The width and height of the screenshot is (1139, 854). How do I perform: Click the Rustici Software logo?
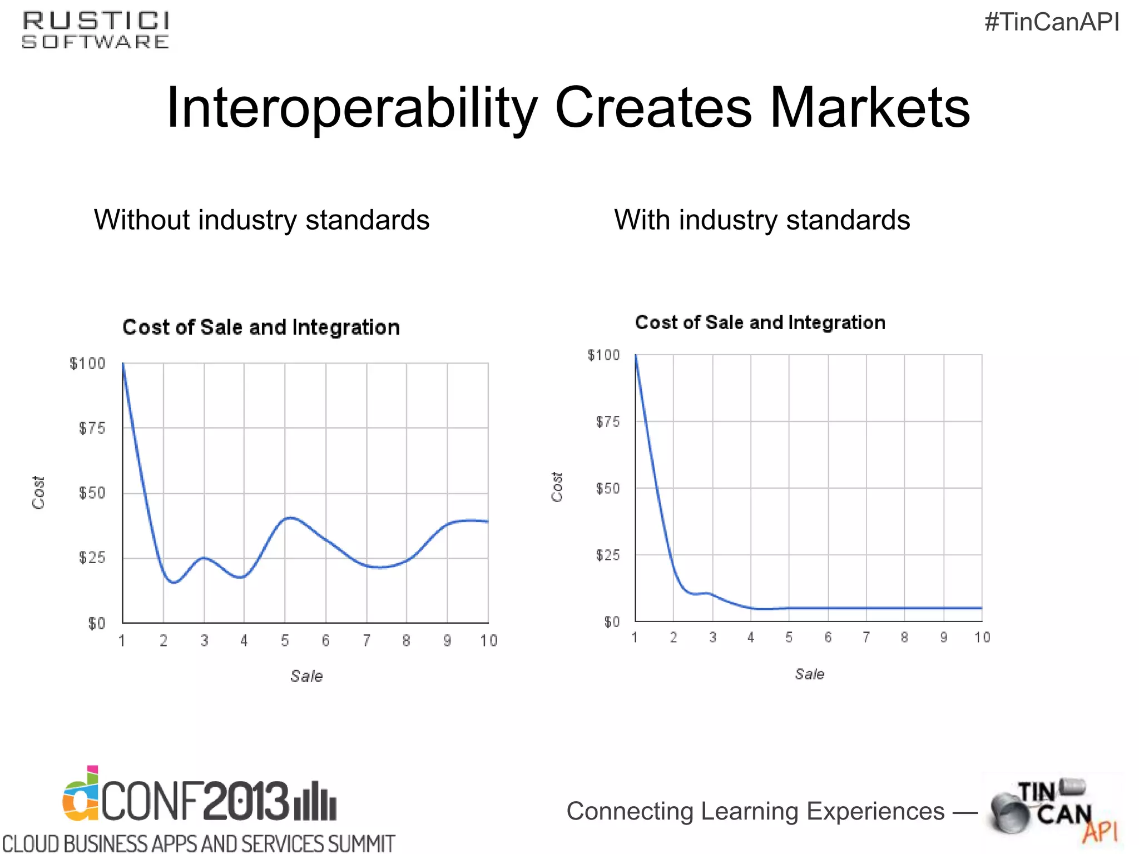[96, 31]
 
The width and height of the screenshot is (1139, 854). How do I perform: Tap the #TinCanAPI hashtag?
[1052, 23]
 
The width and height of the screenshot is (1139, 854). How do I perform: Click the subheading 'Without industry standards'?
[261, 220]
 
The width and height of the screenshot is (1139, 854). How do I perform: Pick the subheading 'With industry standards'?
[762, 220]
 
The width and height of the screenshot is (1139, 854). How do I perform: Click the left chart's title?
[261, 327]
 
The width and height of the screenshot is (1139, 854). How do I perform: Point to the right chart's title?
[760, 322]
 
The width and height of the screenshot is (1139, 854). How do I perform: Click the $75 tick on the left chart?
[92, 428]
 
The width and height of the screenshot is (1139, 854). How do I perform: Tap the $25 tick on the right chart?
[607, 555]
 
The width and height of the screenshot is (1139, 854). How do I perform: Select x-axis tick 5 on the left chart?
[285, 641]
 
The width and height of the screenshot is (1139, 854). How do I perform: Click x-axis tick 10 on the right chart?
[982, 637]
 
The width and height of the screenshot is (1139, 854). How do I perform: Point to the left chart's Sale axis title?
[306, 676]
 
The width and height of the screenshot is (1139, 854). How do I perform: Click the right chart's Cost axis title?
[557, 487]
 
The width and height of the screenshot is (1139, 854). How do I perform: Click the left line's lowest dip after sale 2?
[174, 582]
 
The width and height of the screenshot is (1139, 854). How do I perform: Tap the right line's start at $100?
[636, 356]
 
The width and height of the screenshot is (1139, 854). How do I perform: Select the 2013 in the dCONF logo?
[245, 801]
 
